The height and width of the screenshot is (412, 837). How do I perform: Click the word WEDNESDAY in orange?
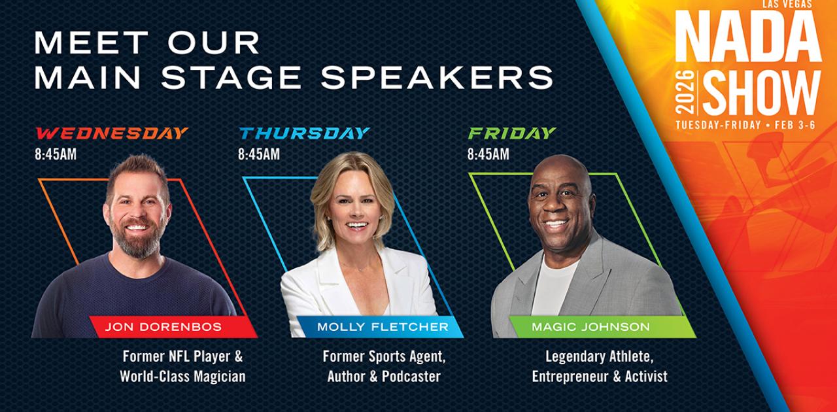(x=112, y=133)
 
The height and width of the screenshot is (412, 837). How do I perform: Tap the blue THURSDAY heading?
(x=304, y=133)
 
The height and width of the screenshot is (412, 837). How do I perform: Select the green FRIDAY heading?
(x=511, y=133)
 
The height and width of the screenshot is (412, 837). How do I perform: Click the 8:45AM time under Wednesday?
(x=56, y=155)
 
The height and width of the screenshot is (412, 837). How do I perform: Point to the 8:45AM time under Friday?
(x=488, y=155)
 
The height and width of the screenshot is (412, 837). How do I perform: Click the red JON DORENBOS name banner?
(x=163, y=326)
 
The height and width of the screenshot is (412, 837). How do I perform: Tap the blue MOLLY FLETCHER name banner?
(x=383, y=326)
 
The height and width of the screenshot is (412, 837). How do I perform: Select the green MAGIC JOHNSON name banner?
(x=590, y=326)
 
